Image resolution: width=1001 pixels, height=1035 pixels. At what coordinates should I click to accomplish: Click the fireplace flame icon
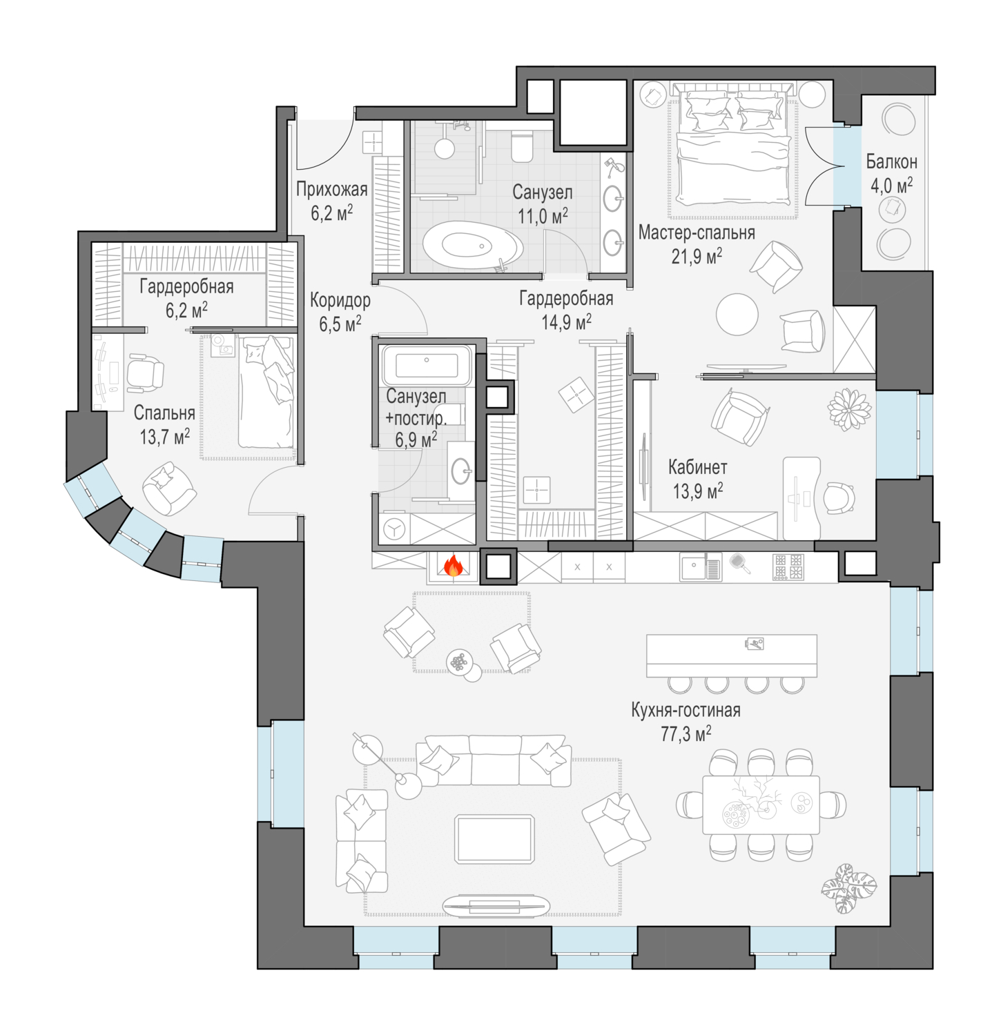tap(453, 566)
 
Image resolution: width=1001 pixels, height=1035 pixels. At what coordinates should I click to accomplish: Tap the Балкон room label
tap(891, 162)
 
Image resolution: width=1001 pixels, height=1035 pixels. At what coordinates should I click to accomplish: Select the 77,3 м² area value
tap(686, 734)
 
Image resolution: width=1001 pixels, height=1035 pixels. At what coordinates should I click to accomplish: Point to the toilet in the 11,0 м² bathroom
tap(522, 147)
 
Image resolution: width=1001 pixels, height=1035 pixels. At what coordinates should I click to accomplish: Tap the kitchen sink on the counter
tap(693, 568)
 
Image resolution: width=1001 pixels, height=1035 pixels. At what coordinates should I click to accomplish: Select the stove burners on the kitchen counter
tap(788, 567)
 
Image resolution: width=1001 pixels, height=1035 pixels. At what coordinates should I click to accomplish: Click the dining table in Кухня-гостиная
tap(761, 805)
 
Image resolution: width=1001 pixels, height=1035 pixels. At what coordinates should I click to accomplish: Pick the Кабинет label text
tap(697, 467)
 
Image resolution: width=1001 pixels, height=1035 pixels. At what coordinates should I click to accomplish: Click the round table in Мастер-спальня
tap(737, 315)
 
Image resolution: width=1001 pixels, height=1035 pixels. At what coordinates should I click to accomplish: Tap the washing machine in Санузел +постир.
tap(395, 529)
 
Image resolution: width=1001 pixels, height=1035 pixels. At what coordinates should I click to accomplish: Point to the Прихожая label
tap(331, 189)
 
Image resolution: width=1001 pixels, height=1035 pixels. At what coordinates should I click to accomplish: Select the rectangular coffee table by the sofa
tap(494, 838)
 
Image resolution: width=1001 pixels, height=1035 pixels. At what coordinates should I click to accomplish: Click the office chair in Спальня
tap(144, 373)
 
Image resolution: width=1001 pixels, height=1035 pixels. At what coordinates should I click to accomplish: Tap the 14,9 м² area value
tap(565, 322)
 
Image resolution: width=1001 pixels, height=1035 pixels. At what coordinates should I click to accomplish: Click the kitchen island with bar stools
tap(731, 655)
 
